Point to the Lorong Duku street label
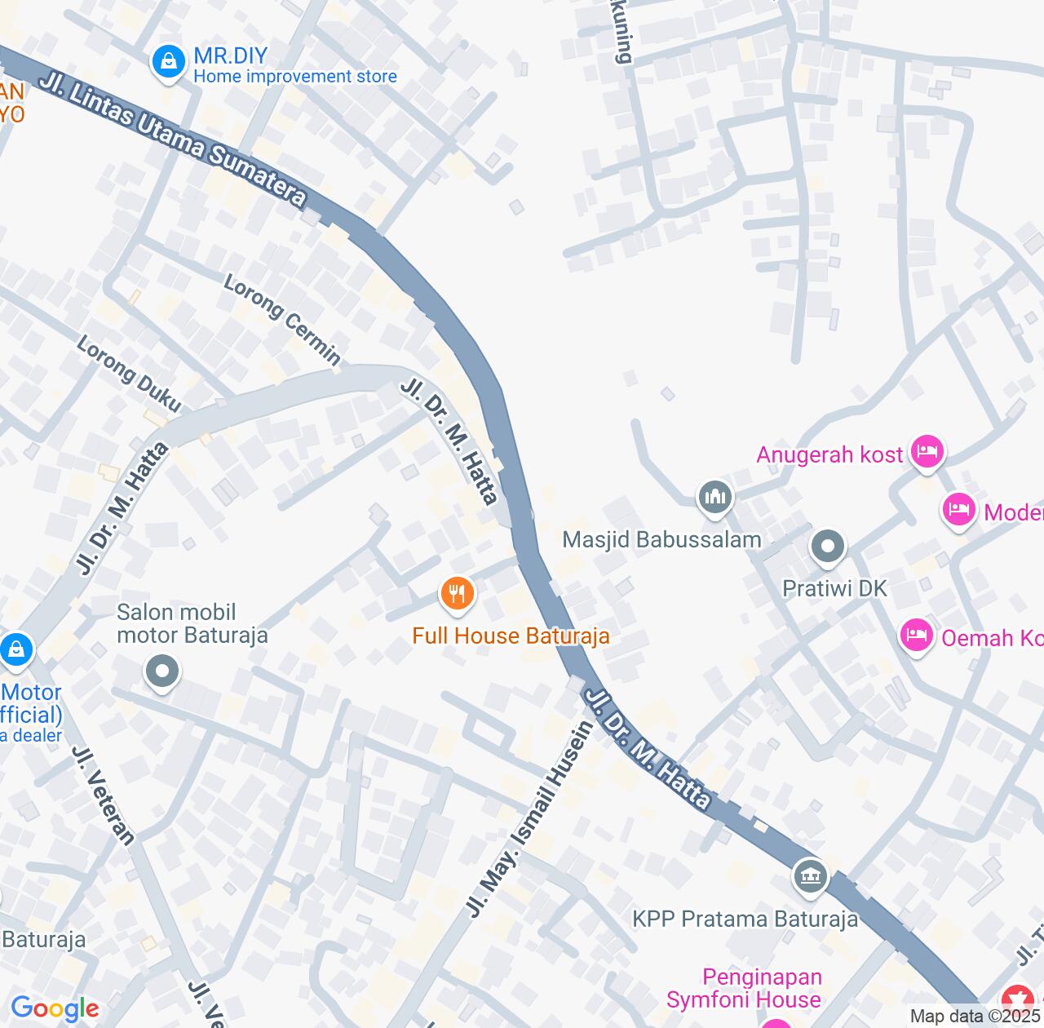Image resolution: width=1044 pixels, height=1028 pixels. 129,374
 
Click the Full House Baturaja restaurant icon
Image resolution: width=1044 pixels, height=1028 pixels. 458,593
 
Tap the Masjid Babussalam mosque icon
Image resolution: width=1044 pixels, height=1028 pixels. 715,497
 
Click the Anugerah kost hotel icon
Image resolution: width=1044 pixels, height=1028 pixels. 927,451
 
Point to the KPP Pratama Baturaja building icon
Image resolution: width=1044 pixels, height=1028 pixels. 811,877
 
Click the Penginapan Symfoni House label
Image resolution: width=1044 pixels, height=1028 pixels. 744,988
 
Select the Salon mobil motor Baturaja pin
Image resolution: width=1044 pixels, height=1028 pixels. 162,672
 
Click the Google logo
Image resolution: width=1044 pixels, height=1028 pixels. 55,1008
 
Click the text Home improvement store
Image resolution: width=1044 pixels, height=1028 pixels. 295,77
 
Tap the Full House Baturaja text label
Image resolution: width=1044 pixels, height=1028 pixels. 511,636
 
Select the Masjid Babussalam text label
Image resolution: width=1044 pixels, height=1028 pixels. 662,539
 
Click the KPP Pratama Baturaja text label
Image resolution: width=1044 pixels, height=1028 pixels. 745,919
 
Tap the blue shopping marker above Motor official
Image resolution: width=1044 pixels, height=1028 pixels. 15,650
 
